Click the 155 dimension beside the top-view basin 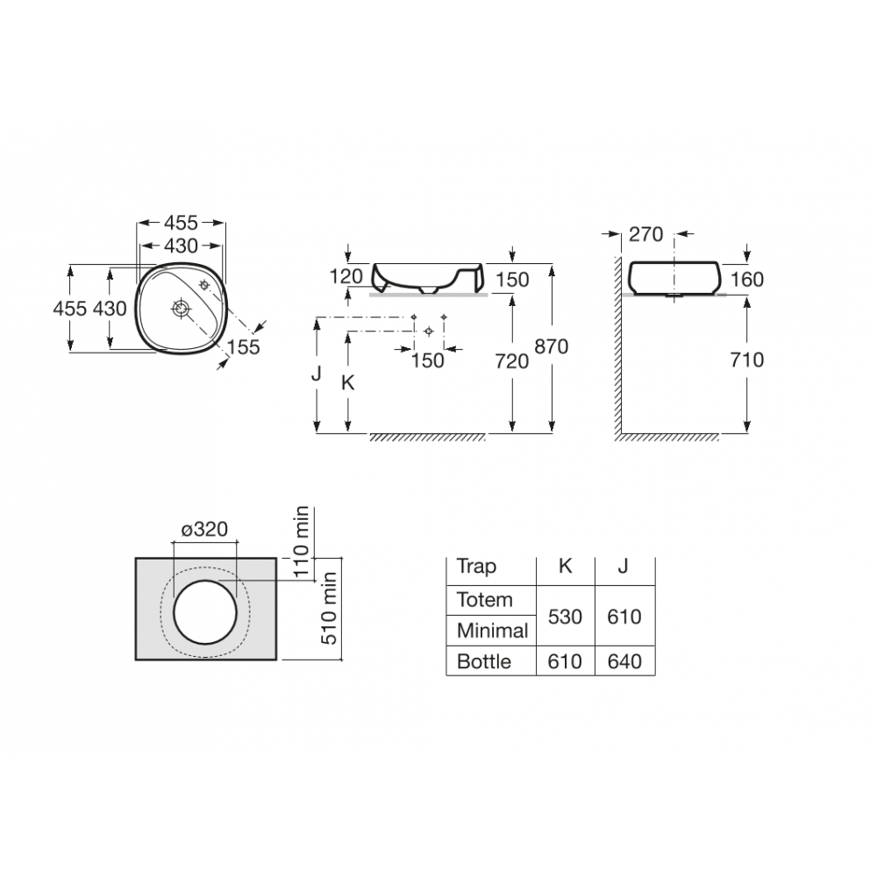coord(243,347)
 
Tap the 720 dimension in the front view coord(511,360)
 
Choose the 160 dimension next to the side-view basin coord(746,280)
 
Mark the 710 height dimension coord(746,360)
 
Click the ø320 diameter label coord(204,529)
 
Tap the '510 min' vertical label coord(331,608)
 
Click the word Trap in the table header coord(476,567)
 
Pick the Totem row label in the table coord(484,601)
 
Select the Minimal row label coord(492,631)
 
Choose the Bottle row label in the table coord(483,661)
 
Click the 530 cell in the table coord(565,617)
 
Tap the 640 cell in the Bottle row coord(624,661)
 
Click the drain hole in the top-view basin coord(181,309)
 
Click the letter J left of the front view coord(316,374)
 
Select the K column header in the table coord(565,567)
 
